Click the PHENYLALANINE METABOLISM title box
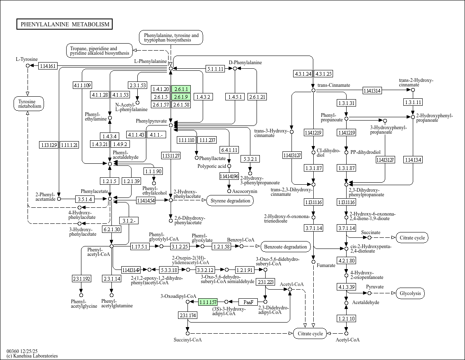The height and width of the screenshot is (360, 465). [65, 24]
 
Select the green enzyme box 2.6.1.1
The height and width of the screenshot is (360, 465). [181, 89]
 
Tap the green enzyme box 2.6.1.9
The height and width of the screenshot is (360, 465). [181, 97]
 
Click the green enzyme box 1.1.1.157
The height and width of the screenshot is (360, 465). [208, 302]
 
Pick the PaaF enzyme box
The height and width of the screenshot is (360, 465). [248, 302]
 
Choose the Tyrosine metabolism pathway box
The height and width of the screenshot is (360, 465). [28, 104]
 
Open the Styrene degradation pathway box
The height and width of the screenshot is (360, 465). [230, 201]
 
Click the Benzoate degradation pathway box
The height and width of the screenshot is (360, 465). [286, 247]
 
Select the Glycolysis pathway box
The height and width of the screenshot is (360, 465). [410, 293]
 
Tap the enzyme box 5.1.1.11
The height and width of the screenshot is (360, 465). [215, 69]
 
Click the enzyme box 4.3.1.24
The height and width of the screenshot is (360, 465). [303, 74]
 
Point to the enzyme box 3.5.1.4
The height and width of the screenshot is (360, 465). [84, 199]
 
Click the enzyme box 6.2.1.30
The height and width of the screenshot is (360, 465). [111, 229]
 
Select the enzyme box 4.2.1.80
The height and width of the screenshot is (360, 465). [346, 260]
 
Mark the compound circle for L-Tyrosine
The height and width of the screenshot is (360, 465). [28, 65]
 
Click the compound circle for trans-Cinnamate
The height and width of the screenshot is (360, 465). [313, 90]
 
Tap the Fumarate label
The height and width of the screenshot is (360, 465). [326, 265]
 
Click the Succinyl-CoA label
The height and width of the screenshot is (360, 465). [187, 340]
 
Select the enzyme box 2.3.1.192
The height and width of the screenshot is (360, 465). [81, 279]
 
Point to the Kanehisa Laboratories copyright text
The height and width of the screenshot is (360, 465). [32, 356]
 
